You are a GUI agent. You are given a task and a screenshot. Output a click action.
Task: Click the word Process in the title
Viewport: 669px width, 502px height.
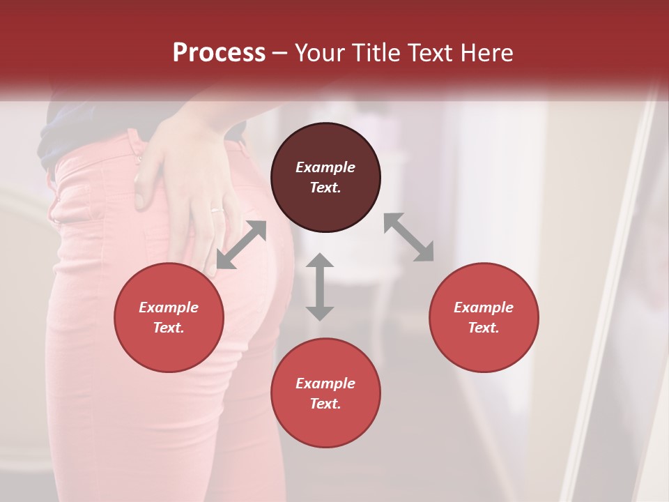pyautogui.click(x=219, y=53)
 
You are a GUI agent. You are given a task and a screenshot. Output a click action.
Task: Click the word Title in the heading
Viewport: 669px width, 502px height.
pyautogui.click(x=370, y=53)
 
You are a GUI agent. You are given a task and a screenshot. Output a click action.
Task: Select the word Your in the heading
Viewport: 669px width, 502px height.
pyautogui.click(x=319, y=53)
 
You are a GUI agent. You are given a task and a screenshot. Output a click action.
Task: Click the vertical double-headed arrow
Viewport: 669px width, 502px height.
pyautogui.click(x=320, y=287)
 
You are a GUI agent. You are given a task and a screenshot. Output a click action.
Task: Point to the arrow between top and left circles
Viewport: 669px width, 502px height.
pyautogui.click(x=241, y=245)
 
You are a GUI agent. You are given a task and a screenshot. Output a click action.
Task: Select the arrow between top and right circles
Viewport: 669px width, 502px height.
pyautogui.click(x=409, y=237)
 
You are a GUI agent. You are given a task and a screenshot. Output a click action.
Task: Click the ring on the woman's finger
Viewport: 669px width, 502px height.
pyautogui.click(x=217, y=209)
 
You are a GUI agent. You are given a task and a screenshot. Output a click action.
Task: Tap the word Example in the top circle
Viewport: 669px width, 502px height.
pyautogui.click(x=325, y=167)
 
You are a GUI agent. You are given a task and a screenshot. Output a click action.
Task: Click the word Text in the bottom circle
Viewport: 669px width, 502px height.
pyautogui.click(x=325, y=404)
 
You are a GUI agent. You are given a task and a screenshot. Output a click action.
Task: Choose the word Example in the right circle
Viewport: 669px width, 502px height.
pyautogui.click(x=484, y=307)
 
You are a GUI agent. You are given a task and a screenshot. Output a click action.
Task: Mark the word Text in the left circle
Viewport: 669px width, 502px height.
pyautogui.click(x=169, y=328)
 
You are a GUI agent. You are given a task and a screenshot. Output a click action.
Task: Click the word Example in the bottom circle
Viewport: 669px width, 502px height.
pyautogui.click(x=325, y=383)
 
